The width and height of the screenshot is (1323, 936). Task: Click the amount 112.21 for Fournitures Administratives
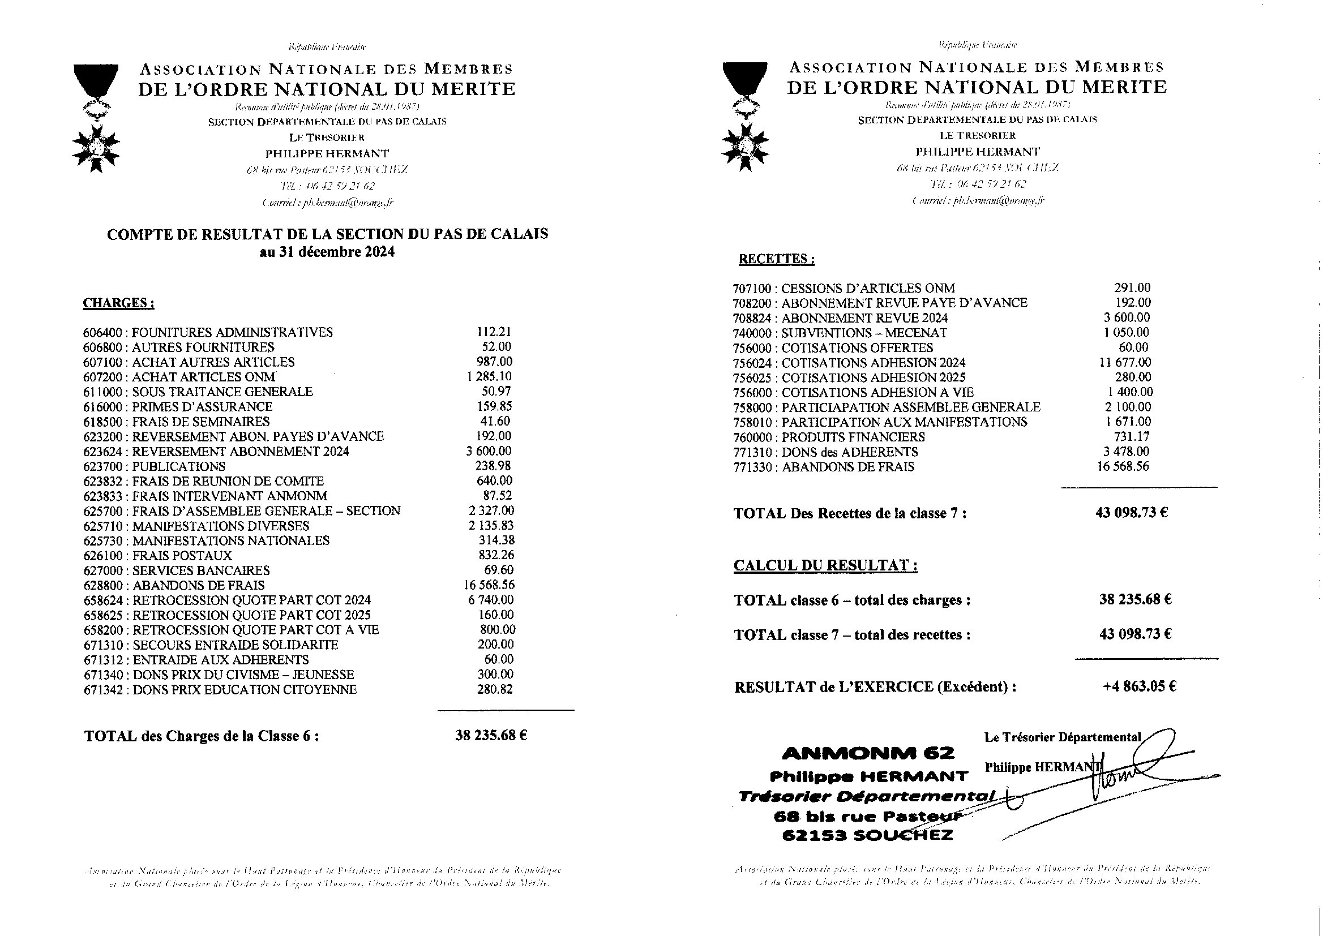click(494, 332)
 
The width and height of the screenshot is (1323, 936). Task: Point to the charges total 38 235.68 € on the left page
click(491, 736)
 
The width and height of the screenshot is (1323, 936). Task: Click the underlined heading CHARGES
click(118, 303)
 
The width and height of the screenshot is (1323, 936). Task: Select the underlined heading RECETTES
click(777, 259)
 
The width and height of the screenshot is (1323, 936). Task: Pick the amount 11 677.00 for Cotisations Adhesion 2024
click(1125, 363)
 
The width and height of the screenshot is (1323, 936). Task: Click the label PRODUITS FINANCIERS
click(853, 437)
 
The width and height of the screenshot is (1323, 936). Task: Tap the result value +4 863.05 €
click(1139, 686)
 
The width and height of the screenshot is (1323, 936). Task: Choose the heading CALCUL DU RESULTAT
click(825, 565)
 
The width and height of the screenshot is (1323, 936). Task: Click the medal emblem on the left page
click(96, 118)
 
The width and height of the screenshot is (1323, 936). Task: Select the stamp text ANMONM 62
click(868, 753)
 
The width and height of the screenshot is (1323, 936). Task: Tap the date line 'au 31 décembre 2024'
click(327, 252)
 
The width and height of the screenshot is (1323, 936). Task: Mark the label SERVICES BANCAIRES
click(201, 571)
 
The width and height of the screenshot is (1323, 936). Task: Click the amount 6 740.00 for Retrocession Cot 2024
click(491, 600)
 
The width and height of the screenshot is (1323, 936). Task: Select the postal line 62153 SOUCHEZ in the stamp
click(868, 835)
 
